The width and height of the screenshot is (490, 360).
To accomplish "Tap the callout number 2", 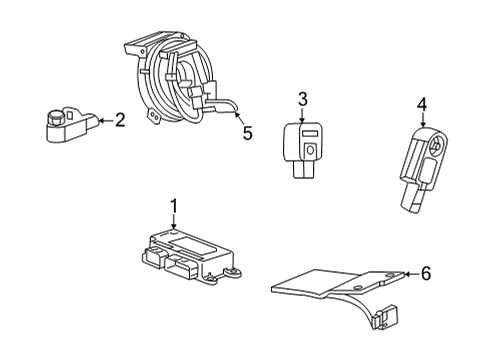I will pyautogui.click(x=120, y=121).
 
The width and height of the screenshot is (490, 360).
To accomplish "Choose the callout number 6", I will pyautogui.click(x=427, y=272).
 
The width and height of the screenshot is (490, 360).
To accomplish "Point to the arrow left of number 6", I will pyautogui.click(x=409, y=272).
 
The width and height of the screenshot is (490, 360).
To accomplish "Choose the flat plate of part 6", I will pyautogui.click(x=330, y=281).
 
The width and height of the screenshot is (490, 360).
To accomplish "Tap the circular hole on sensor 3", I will pyautogui.click(x=312, y=149).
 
